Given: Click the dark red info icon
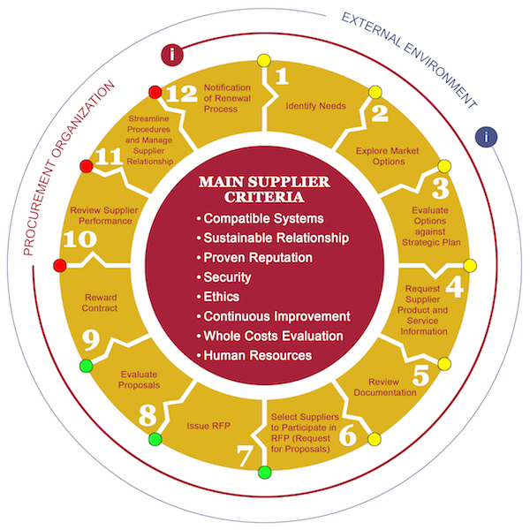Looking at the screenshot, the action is click(x=172, y=55).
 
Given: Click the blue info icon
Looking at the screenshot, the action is click(x=486, y=137).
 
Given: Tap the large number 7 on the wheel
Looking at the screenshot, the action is click(x=245, y=455).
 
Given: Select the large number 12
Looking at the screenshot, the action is click(x=182, y=94).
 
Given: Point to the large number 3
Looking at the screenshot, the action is click(x=441, y=188).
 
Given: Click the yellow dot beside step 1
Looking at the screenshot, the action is click(x=264, y=61).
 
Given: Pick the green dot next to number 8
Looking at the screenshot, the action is click(x=155, y=439).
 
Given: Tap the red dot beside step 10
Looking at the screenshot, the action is click(x=60, y=266).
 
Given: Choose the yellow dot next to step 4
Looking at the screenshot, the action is click(x=470, y=266).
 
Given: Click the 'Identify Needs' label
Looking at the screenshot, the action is click(x=315, y=106).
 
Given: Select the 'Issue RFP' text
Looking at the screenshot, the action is click(x=208, y=426).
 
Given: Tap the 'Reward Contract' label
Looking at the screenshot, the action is click(x=100, y=303).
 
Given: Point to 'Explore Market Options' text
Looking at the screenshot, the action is click(x=388, y=156).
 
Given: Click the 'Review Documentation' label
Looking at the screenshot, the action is click(x=385, y=388).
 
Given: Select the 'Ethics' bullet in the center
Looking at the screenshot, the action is click(x=218, y=297).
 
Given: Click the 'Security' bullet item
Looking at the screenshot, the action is click(x=223, y=277).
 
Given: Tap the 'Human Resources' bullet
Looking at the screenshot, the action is click(x=254, y=356).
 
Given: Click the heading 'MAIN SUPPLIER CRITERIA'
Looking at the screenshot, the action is click(x=264, y=189).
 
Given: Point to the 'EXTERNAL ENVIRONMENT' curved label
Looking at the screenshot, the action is click(x=409, y=60).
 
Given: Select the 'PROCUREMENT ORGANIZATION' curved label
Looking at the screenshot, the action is click(x=69, y=168).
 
